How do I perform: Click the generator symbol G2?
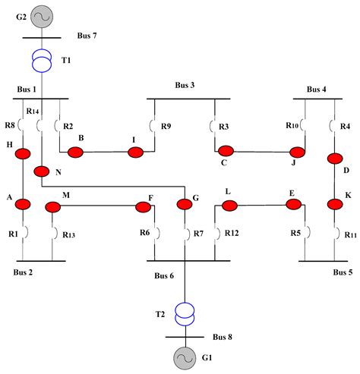pos(41,16)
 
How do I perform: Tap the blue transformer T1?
pos(41,60)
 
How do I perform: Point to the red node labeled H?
pos(24,153)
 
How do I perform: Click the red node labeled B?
pos(75,152)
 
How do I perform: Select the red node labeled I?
pos(135,152)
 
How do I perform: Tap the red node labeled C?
pos(225,150)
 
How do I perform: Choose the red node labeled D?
pos(334,159)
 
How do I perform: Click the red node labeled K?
pos(334,204)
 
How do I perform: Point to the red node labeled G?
pos(185,204)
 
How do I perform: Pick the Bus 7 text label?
pos(90,36)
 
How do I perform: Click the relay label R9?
pos(167,126)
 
